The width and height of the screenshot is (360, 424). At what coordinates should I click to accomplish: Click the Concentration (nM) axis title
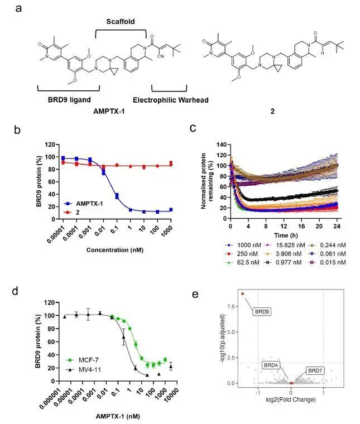[115, 249]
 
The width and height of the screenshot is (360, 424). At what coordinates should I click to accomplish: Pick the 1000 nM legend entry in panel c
[239, 244]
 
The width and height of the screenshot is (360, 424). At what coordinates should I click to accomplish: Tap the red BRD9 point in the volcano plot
[243, 293]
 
